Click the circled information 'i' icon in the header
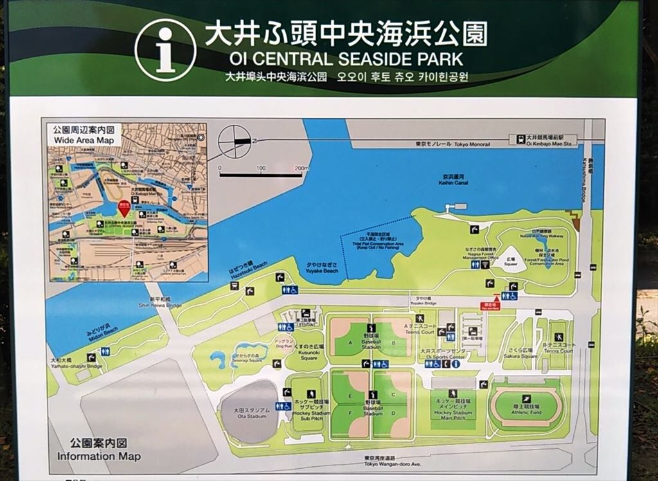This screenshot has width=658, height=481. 165,50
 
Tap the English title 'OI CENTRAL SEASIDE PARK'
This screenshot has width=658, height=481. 346,59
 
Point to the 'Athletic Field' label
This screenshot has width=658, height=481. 527,412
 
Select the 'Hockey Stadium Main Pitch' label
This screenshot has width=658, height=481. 454,413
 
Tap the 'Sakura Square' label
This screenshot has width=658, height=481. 520,356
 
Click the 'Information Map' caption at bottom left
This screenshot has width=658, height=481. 98,457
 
